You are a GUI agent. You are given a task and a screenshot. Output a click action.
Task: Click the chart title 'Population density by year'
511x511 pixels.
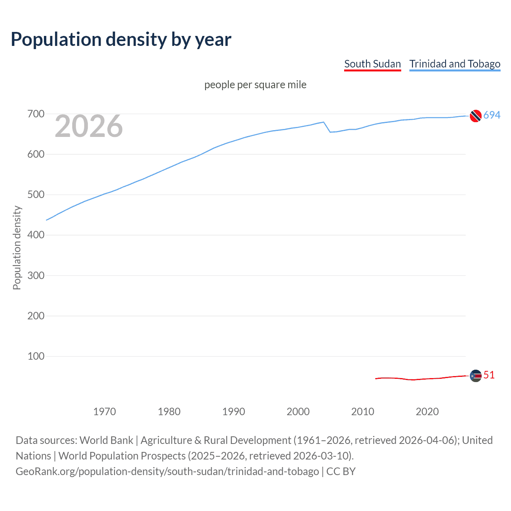[x=121, y=40]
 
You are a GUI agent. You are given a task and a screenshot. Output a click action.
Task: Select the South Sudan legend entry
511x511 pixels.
[x=372, y=64]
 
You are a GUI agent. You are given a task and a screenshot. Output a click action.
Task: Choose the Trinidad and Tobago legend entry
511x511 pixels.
[x=455, y=64]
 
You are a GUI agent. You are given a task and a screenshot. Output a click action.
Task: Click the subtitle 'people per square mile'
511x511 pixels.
[x=255, y=85]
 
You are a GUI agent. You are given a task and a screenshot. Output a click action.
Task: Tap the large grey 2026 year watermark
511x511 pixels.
[x=89, y=126]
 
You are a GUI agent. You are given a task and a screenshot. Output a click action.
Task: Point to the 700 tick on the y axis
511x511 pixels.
[x=36, y=114]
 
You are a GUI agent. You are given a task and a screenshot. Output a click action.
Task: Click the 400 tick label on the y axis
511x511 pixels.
[x=36, y=235]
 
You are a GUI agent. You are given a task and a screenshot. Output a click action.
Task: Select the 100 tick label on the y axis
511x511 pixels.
[x=36, y=356]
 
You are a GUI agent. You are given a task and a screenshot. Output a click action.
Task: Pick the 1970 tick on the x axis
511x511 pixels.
[x=105, y=412]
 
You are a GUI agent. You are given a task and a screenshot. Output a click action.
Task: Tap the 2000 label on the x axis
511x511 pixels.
[x=298, y=412]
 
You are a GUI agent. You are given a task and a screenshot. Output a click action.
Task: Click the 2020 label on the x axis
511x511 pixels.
[x=427, y=412]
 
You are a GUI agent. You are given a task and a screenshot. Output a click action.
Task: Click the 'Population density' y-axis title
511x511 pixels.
[x=17, y=248]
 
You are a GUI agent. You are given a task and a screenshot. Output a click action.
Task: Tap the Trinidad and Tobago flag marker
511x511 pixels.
[x=475, y=116]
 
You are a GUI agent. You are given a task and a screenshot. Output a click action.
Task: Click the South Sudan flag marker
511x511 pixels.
[x=475, y=376]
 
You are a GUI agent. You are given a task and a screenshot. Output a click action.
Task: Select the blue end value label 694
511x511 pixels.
[x=492, y=115]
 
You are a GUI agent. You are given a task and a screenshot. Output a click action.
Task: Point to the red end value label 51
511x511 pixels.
[x=489, y=375]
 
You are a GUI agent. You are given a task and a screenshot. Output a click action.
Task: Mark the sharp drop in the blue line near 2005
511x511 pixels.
[x=327, y=127]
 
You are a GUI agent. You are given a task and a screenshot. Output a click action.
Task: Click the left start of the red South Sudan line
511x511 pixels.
[x=376, y=378]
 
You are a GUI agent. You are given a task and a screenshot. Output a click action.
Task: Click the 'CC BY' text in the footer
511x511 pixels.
[x=341, y=471]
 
